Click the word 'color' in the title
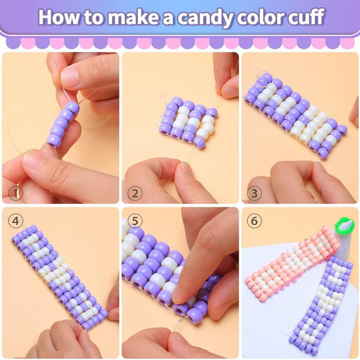[x=255, y=17]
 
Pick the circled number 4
[x=16, y=221]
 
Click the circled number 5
[x=135, y=221]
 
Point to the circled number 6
[x=254, y=221]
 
